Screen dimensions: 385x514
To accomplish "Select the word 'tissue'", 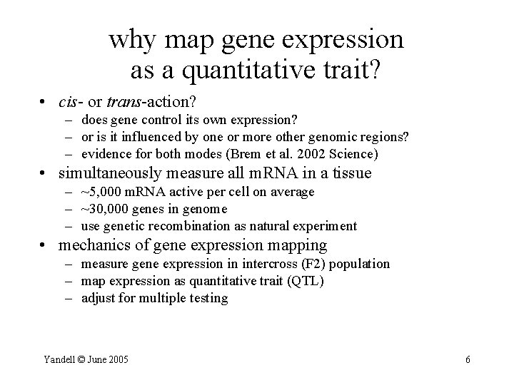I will pos(353,173).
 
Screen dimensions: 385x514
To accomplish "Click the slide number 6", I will pos(468,360).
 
